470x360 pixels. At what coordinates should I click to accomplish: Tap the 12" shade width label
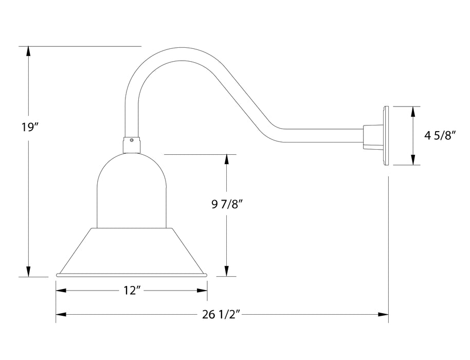coord(132,291)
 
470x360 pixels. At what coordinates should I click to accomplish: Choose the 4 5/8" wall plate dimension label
coord(440,136)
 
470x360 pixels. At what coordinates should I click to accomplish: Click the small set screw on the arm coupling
coord(133,139)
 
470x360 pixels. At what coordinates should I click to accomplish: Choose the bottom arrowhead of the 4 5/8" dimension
coord(413,160)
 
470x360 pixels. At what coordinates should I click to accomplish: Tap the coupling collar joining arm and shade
coord(132,145)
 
